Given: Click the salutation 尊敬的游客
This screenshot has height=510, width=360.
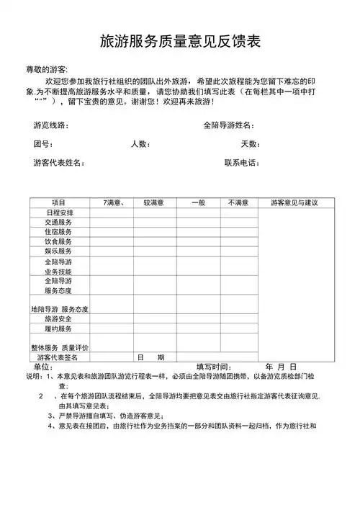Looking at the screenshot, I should (47, 69).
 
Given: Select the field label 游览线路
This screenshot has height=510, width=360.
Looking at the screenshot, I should (51, 125).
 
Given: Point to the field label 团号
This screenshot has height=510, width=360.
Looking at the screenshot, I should (42, 144).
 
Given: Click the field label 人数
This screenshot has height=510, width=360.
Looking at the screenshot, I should (140, 144).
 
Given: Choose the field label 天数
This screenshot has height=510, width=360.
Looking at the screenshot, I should (250, 144).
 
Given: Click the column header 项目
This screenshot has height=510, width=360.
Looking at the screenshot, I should (59, 202).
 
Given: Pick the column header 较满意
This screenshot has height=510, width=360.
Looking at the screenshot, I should (153, 202).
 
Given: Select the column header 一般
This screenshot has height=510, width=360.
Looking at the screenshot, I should (198, 202).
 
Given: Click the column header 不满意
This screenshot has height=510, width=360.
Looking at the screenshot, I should (238, 202).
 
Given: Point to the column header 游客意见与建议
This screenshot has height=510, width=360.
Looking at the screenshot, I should (294, 202).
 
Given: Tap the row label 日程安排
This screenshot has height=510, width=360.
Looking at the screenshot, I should (59, 212).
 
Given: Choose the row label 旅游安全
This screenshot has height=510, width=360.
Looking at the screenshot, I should (58, 318).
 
